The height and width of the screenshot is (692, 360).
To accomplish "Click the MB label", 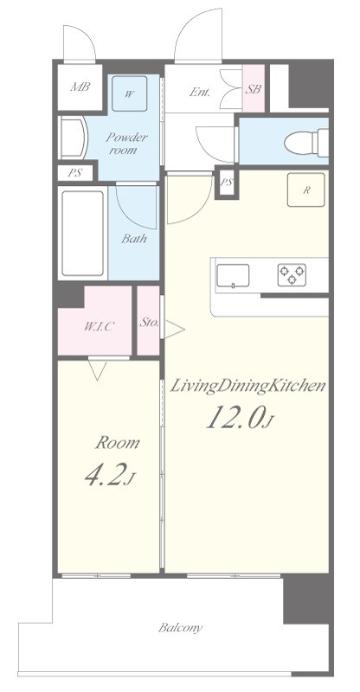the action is [80, 86].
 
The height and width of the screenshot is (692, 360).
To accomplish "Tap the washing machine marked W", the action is [129, 93].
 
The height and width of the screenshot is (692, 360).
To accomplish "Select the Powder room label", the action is [126, 143].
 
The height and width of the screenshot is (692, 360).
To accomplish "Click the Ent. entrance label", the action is [200, 92].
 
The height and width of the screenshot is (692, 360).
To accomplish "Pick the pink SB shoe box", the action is [254, 88].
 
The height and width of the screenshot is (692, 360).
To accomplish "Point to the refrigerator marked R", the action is [306, 189].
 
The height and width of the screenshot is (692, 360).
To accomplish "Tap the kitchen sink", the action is [233, 276].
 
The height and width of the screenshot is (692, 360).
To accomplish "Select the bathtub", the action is [82, 233].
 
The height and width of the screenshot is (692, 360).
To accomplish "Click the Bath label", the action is [134, 240].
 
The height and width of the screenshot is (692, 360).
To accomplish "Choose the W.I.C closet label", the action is [100, 327].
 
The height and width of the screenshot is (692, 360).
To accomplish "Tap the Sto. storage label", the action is [149, 322].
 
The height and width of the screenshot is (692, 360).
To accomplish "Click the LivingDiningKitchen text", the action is [248, 386].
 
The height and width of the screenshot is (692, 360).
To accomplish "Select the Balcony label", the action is [181, 628].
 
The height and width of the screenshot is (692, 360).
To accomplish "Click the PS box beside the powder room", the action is [75, 172].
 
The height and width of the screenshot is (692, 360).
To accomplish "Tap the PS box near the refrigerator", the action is [227, 183].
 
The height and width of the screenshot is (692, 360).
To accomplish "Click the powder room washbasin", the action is [74, 138].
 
